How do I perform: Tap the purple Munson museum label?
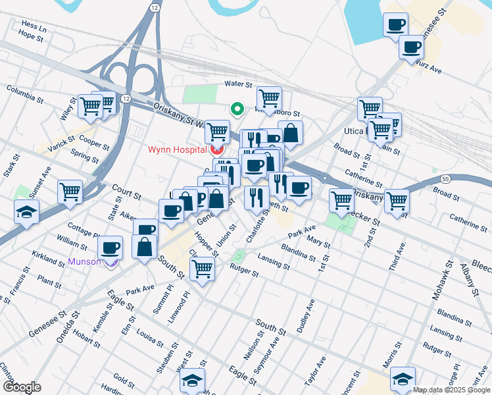coord(84,261)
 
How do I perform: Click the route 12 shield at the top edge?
coord(154,7)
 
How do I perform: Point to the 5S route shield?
coord(445,178)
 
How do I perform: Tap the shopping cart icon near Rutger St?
coord(202,267)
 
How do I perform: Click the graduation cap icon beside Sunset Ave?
coord(27,211)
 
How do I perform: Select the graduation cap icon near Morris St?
coord(403,378)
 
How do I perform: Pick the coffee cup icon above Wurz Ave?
coord(411,47)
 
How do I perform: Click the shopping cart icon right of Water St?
coord(269,98)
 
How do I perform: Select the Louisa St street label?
coord(150,339)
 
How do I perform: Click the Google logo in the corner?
coord(22,387)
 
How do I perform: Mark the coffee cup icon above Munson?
coord(110,248)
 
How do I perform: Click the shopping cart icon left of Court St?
coord(70,192)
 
